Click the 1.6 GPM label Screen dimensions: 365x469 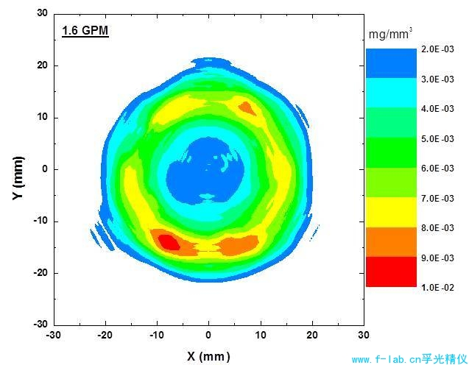[x=85, y=32]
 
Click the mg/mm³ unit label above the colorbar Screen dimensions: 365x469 [x=389, y=33]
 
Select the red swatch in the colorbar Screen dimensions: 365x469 [x=391, y=272]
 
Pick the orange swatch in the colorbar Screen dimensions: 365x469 [x=391, y=241]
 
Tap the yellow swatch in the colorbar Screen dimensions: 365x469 [x=391, y=212]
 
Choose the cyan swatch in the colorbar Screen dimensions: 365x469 [x=391, y=93]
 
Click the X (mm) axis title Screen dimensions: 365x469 [x=209, y=356]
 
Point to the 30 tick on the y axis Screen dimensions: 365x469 [x=42, y=13]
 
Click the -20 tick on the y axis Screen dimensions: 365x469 [x=40, y=272]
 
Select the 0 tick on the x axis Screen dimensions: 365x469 [x=208, y=334]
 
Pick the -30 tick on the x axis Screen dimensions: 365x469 [x=52, y=334]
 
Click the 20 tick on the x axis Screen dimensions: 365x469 [x=311, y=334]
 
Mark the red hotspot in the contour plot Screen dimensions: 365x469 [x=169, y=241]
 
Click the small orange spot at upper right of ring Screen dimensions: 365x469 [x=247, y=109]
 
